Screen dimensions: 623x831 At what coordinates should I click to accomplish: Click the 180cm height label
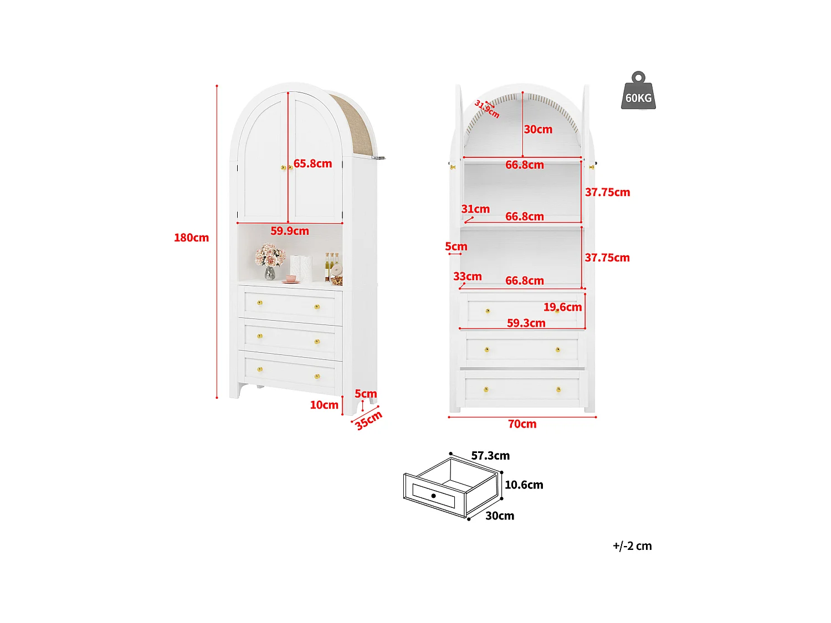click(191, 238)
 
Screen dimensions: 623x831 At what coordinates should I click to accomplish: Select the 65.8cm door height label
click(312, 163)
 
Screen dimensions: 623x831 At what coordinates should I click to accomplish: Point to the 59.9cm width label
click(289, 231)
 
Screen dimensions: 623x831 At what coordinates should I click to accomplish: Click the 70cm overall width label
click(522, 424)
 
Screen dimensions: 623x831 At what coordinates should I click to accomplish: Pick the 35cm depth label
click(368, 420)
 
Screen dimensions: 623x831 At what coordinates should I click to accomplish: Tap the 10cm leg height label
click(324, 405)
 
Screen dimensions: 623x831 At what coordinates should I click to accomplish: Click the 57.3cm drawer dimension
click(490, 456)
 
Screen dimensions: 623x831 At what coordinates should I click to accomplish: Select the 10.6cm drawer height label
click(524, 485)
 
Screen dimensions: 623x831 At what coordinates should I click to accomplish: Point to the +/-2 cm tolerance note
click(632, 546)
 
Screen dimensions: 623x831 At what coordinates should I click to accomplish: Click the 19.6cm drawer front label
click(562, 307)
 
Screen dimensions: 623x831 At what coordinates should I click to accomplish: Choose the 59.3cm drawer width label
click(526, 323)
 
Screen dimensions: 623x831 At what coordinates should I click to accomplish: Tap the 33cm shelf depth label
click(467, 276)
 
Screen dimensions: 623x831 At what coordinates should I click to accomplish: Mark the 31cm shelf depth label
click(475, 209)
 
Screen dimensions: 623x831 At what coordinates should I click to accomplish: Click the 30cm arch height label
click(538, 130)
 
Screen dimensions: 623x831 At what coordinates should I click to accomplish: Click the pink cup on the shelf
click(291, 279)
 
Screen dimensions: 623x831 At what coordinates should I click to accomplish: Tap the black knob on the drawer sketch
click(433, 496)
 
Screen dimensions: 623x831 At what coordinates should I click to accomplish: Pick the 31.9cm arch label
click(487, 109)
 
